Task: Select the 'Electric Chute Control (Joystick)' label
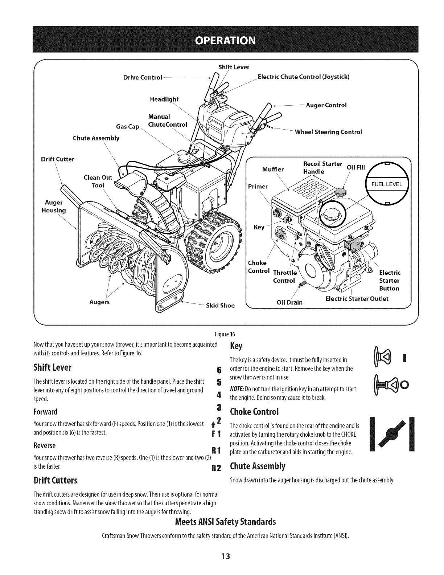click(x=303, y=77)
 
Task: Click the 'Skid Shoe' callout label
click(x=220, y=305)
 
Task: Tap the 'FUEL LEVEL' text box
click(x=387, y=184)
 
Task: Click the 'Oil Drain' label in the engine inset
click(x=290, y=302)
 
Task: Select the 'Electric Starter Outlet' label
click(x=357, y=299)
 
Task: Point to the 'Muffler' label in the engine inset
click(x=273, y=169)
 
